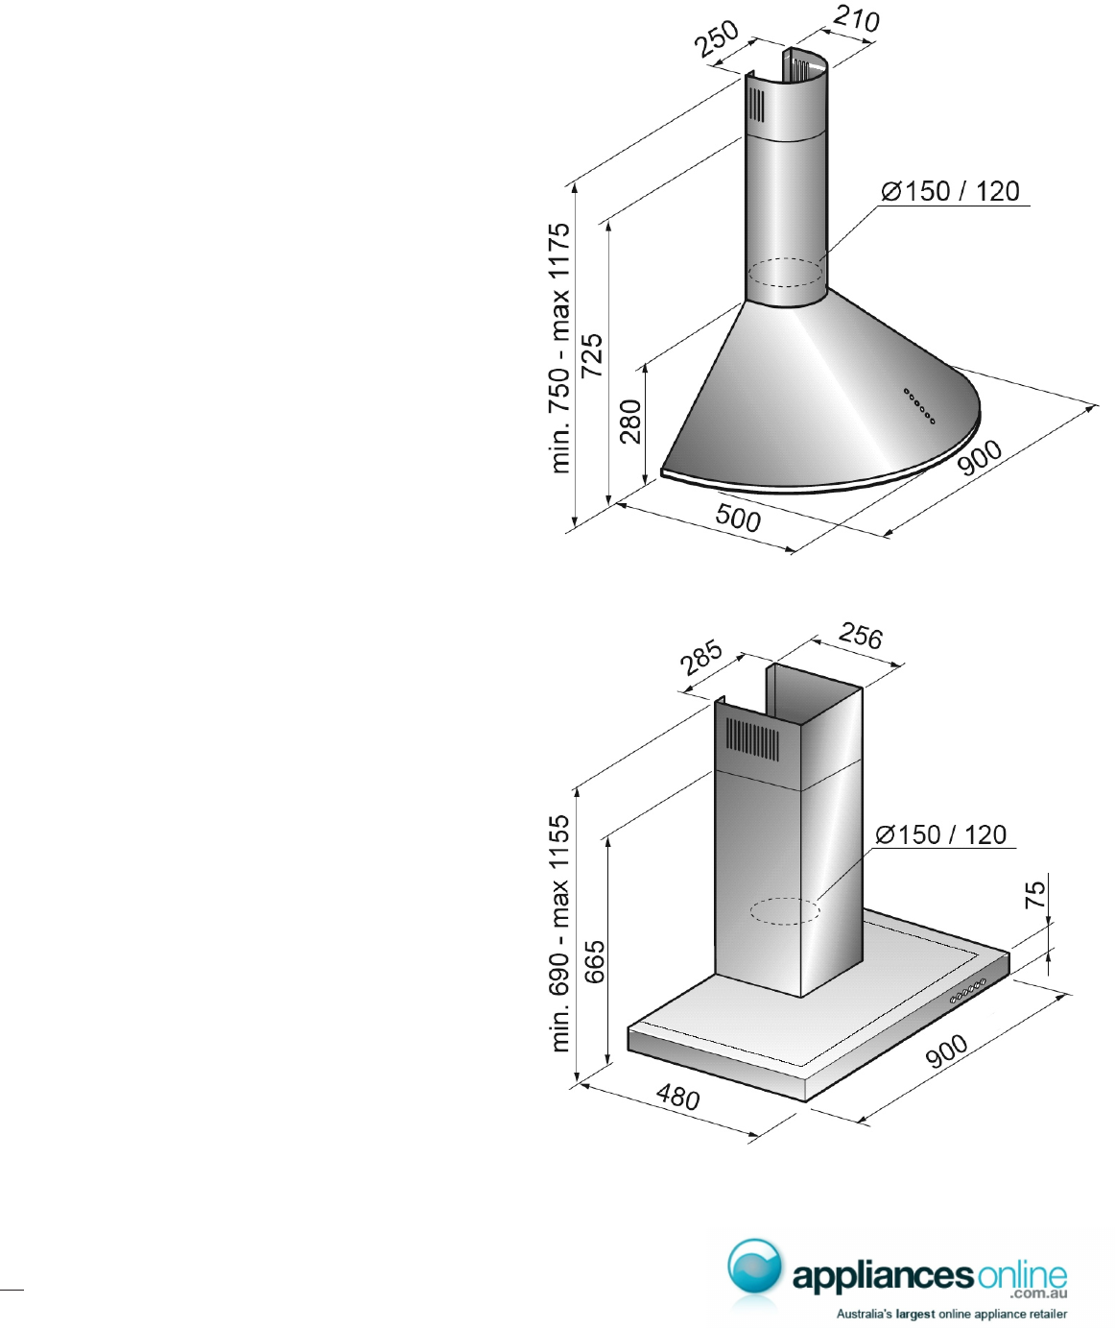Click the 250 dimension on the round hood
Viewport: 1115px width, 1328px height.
pos(717,38)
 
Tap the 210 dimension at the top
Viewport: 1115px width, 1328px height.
pos(856,19)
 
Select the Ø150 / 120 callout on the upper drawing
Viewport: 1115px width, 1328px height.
pos(950,191)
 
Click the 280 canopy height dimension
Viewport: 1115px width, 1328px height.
pos(630,421)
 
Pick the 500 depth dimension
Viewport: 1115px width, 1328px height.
pos(737,517)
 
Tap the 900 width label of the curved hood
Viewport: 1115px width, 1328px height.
pos(980,457)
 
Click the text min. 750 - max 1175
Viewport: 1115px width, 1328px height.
pos(559,348)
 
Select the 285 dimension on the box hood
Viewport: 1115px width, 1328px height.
pos(701,658)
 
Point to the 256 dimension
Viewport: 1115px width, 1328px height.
pos(861,636)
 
